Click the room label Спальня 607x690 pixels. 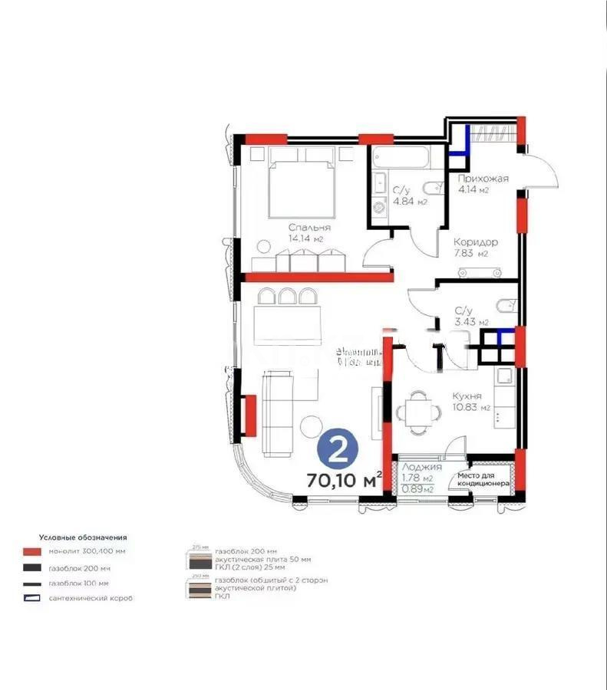point(309,227)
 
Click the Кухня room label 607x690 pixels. point(467,396)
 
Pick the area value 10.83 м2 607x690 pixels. point(471,408)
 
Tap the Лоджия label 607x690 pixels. point(421,467)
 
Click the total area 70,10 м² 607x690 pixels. point(344,481)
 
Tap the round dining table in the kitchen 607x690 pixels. point(418,407)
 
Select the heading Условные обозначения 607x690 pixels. point(83,537)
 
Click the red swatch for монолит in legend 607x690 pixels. point(31,552)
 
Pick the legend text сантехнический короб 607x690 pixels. point(91,598)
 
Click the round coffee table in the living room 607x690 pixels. point(312,426)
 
